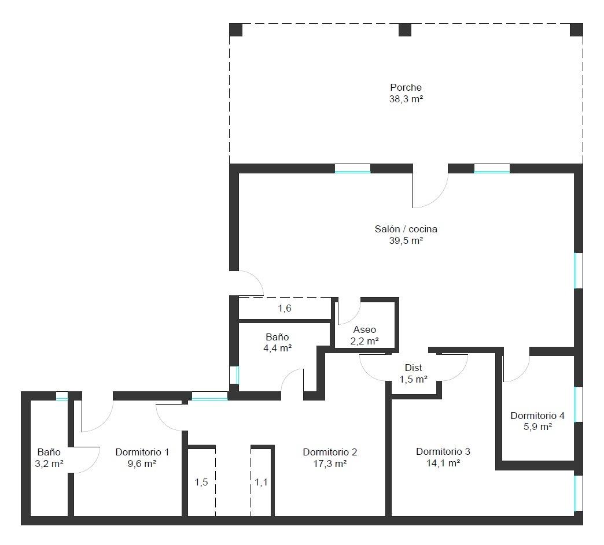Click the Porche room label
point(406,87)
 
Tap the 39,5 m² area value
point(406,240)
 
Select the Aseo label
point(364,329)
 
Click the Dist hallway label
point(413,368)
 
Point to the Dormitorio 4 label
point(537,416)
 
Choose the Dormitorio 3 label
point(443,451)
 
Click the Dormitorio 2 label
point(330,452)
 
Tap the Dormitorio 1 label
point(142,452)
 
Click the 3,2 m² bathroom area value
point(49,464)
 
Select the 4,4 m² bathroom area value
point(277,348)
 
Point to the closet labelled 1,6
point(285,308)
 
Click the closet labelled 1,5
point(201,482)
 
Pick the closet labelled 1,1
point(261,482)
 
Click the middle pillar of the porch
point(405,29)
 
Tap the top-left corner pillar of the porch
point(235,29)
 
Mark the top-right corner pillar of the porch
point(576,29)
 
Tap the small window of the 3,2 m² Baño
point(62,396)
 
